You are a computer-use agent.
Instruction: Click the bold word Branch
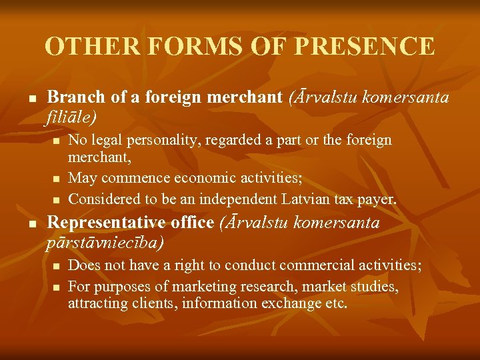pos(77,97)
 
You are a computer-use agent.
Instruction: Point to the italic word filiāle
pos(71,117)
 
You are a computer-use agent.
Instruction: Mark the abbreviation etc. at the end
pos(335,304)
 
